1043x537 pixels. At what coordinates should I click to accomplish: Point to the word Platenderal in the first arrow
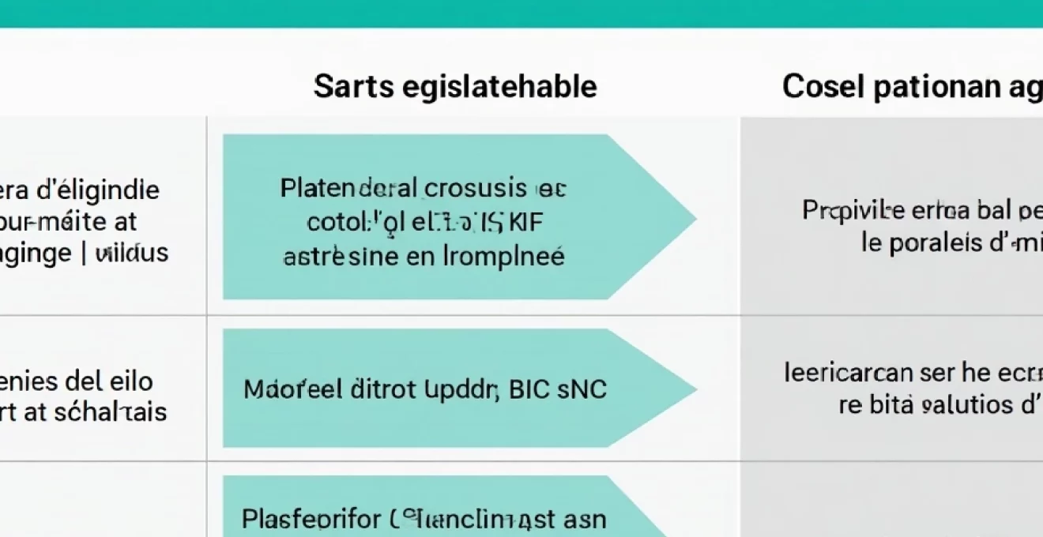[348, 188]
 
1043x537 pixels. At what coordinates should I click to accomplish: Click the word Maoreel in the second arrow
[288, 389]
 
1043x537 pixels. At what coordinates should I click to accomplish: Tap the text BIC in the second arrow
[529, 389]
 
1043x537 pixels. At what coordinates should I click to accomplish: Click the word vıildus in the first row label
[133, 253]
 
